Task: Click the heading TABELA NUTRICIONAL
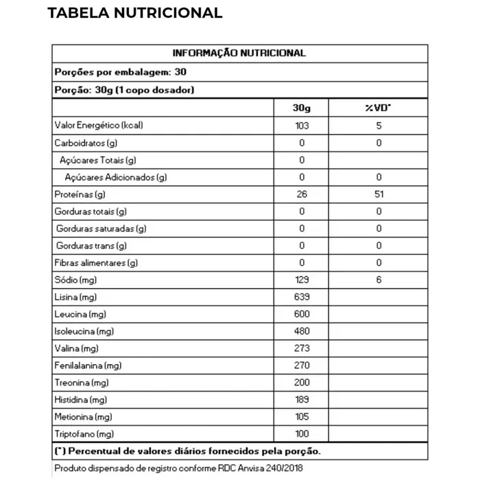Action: [135, 13]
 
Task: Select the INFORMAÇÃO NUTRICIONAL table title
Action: [239, 53]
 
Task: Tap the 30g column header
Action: [301, 108]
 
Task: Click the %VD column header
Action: [379, 108]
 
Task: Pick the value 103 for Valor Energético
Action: [301, 126]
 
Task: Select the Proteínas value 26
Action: [301, 195]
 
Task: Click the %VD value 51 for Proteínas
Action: [379, 195]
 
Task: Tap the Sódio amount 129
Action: [301, 280]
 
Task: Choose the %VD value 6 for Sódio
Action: [379, 280]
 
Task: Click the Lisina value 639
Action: [301, 298]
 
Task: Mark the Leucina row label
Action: [80, 315]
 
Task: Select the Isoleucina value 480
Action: [301, 332]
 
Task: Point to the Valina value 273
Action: [301, 349]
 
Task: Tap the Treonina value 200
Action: [301, 383]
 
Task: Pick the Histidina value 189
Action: [301, 400]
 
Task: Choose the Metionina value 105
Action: [301, 417]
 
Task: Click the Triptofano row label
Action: [84, 435]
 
